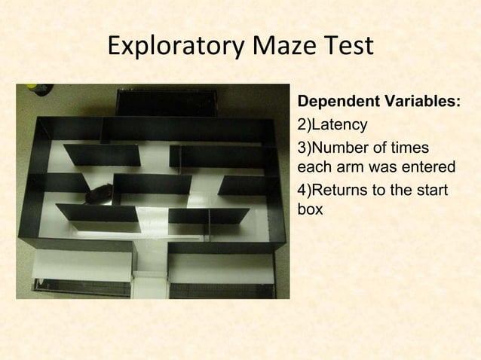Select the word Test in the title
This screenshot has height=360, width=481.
[x=349, y=47]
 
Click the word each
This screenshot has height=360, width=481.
[x=316, y=166]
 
